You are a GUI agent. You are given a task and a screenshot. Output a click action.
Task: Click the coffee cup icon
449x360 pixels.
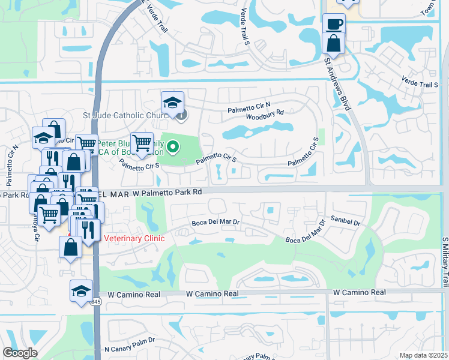pos(334,24)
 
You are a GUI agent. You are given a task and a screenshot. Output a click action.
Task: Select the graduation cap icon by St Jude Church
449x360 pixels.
pos(172,101)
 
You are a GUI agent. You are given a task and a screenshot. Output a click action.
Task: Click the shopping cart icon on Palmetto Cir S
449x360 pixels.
pos(142,143)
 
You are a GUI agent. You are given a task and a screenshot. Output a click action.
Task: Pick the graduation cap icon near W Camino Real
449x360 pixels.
pos(81,290)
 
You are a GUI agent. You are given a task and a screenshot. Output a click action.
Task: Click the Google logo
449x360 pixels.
pos(20,353)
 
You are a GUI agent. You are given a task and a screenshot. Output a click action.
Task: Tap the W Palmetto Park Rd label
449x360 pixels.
pos(167,193)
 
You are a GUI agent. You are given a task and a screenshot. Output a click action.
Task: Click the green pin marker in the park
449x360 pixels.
pos(173,146)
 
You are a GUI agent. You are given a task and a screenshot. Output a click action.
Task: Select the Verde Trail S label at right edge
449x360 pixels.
pos(420,85)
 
